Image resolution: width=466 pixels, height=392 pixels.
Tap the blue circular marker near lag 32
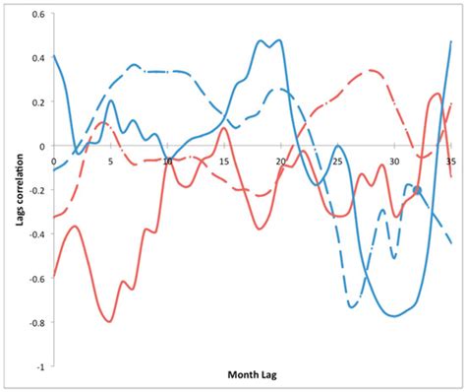(x=417, y=190)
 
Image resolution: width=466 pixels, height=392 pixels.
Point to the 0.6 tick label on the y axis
(x=37, y=16)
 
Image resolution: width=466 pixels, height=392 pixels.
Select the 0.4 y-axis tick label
(x=37, y=59)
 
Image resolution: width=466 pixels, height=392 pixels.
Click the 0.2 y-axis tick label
(x=37, y=102)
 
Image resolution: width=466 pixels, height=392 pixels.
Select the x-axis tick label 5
(x=110, y=160)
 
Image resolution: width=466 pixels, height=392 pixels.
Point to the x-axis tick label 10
(x=167, y=160)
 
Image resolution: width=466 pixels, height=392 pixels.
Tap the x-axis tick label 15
(x=224, y=160)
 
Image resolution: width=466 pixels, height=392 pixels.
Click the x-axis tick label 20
(x=281, y=160)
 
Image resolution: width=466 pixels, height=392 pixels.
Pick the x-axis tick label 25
(x=337, y=160)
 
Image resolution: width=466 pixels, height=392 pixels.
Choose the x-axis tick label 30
(x=394, y=160)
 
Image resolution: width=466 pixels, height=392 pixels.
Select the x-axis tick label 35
(x=450, y=160)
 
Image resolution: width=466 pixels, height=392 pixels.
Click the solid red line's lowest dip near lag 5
(x=109, y=321)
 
